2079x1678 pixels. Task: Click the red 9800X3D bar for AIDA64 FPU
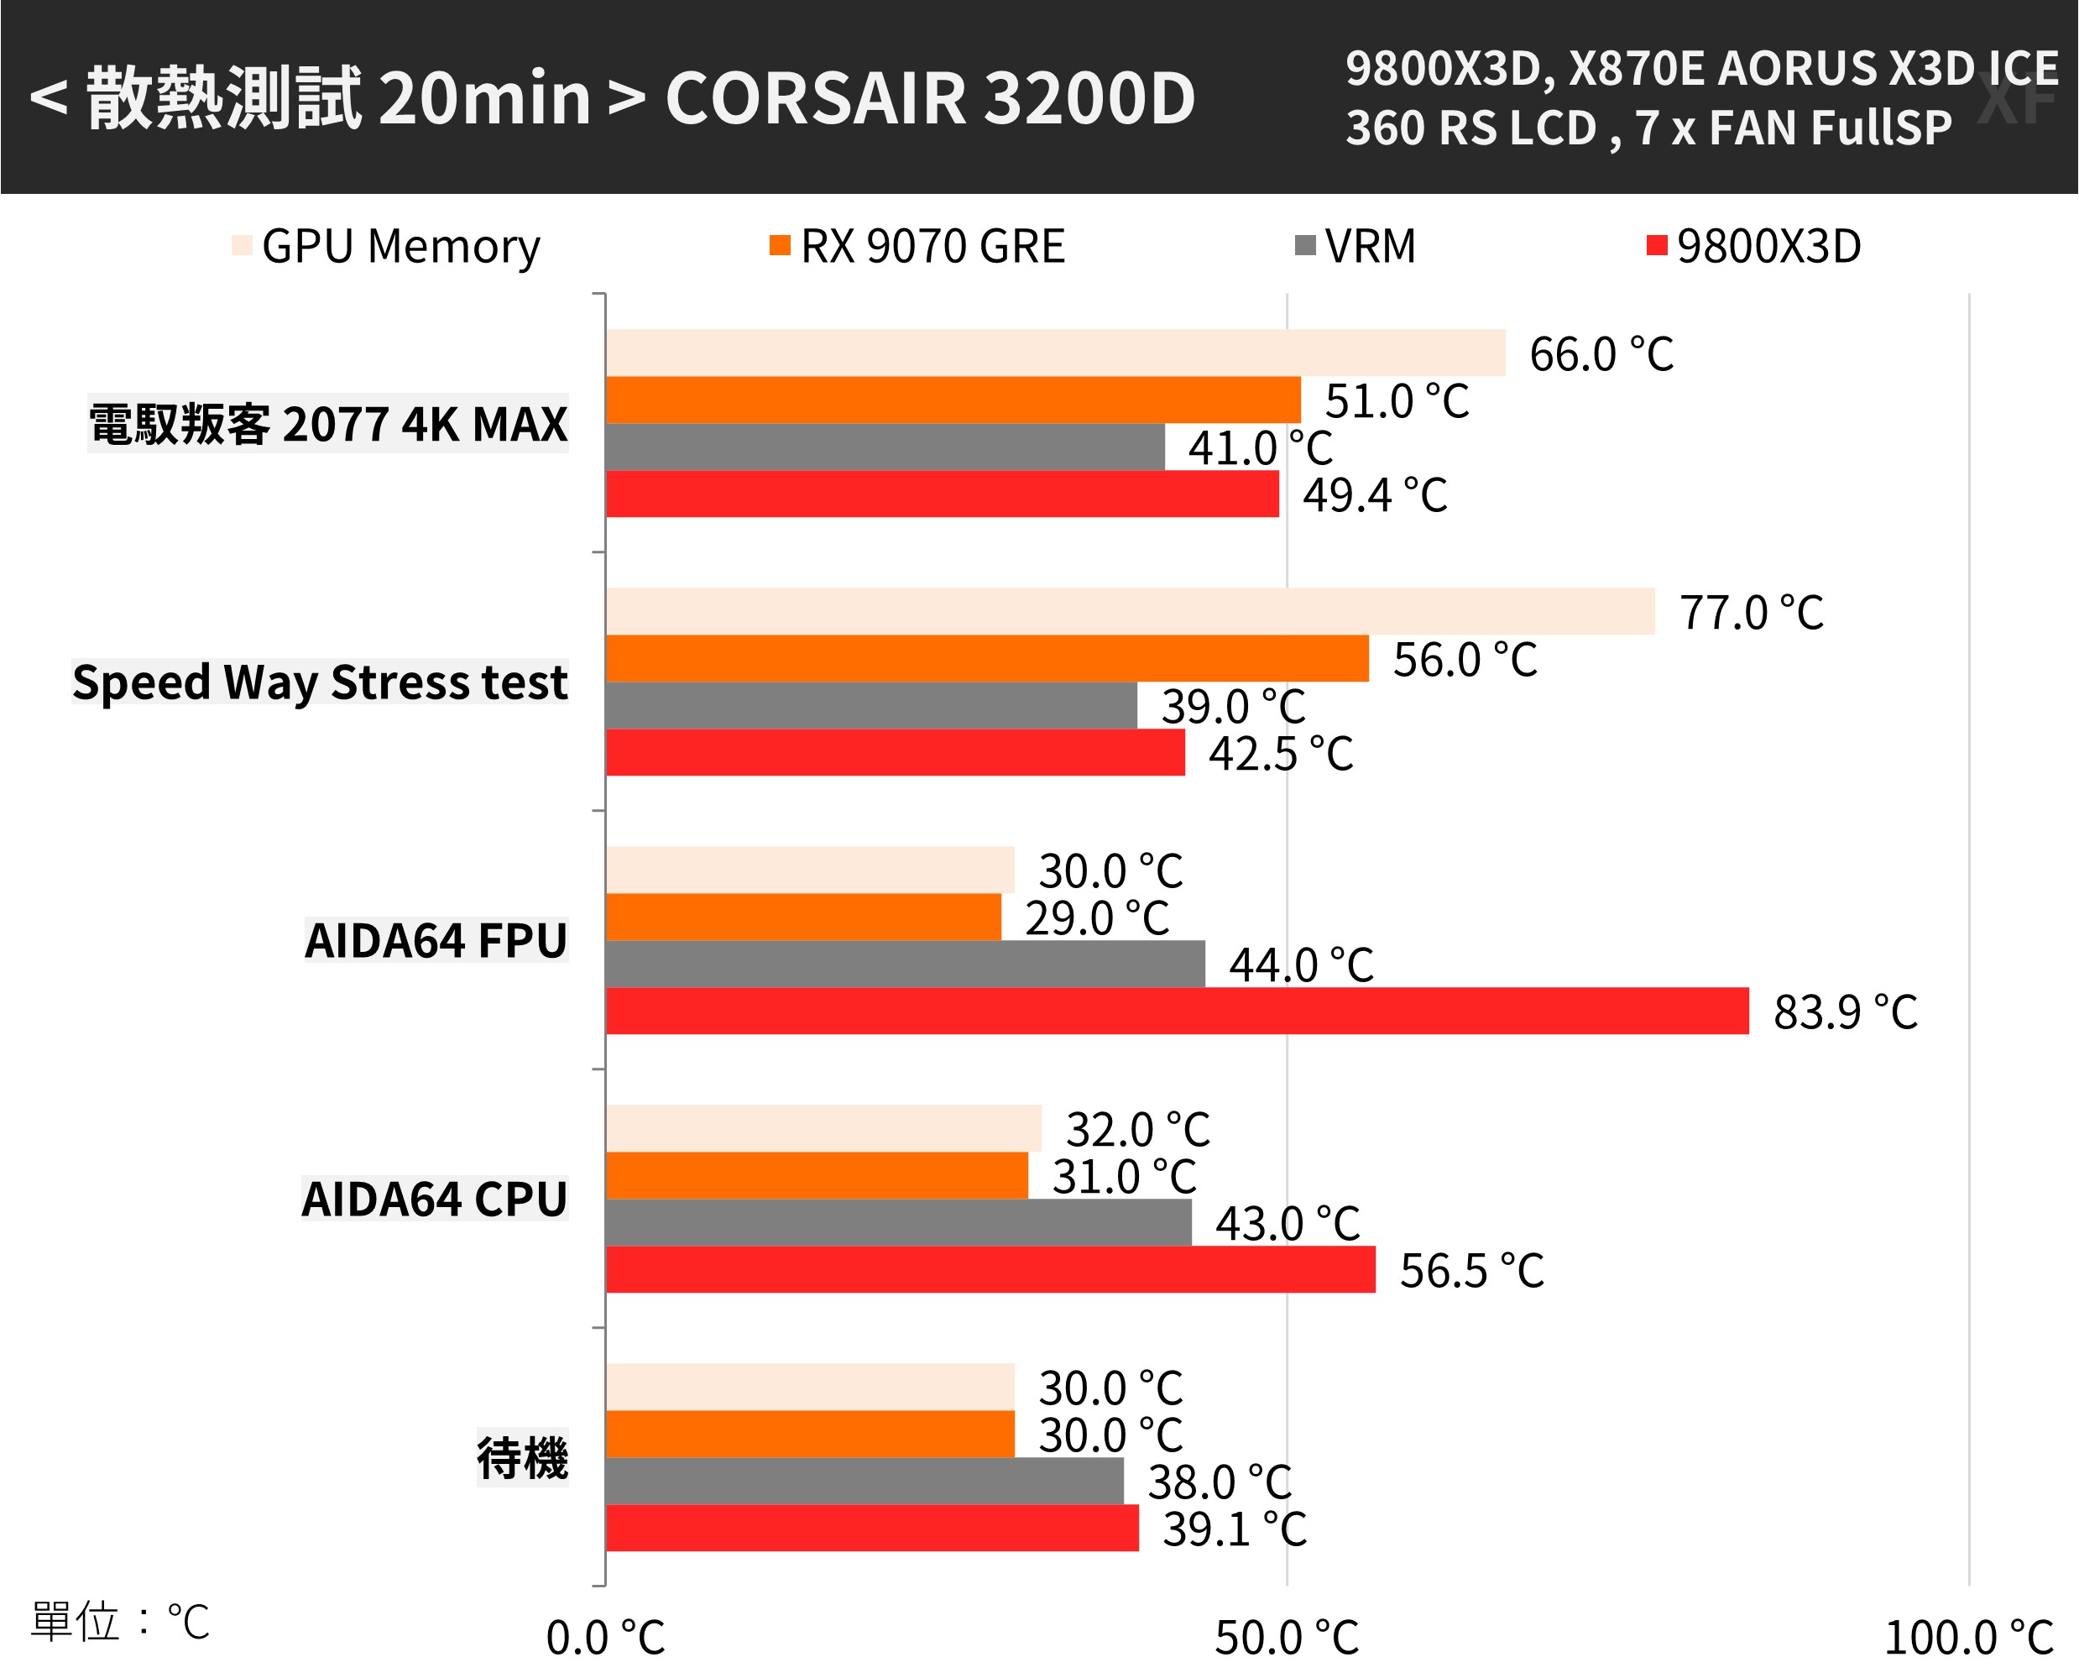tap(1176, 1011)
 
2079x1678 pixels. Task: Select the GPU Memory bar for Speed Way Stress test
tap(1130, 611)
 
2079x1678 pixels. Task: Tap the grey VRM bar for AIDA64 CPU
tap(898, 1223)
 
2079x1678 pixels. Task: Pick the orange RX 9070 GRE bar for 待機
tap(810, 1434)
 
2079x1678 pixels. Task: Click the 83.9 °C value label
tap(1844, 1012)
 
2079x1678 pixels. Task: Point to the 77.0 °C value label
tap(1750, 613)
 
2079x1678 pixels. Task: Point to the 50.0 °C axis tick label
tap(1286, 1638)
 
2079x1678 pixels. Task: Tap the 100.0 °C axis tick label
tap(1968, 1638)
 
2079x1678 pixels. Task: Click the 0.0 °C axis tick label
tap(605, 1638)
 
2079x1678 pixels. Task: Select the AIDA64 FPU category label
tap(435, 940)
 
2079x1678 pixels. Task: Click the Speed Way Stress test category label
tap(320, 682)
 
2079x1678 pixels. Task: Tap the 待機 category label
tap(522, 1457)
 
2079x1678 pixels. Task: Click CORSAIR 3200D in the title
tap(930, 98)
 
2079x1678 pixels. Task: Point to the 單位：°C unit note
tap(120, 1621)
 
